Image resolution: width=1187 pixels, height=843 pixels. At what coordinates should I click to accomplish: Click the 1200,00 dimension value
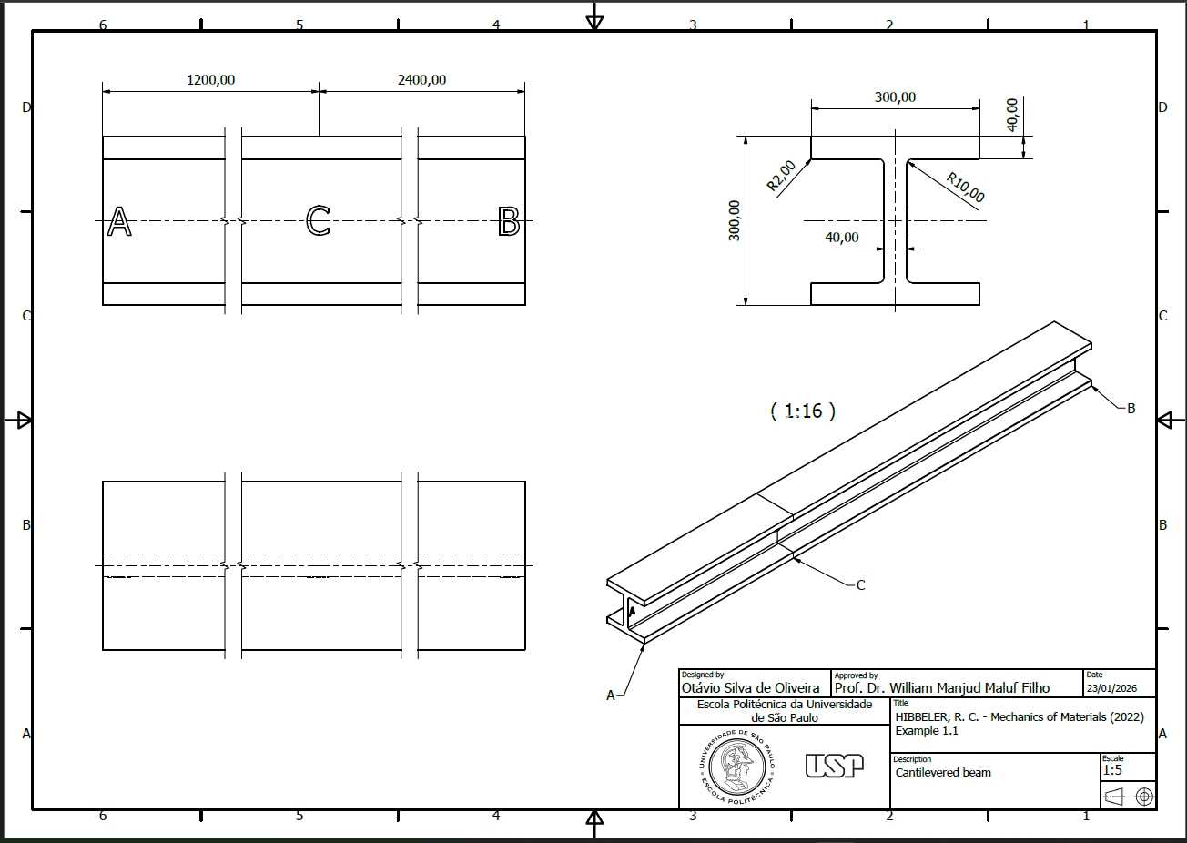tap(210, 80)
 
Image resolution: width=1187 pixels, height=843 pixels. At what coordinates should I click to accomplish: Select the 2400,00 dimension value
tap(421, 80)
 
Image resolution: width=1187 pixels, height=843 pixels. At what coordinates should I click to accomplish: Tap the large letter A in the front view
tap(119, 221)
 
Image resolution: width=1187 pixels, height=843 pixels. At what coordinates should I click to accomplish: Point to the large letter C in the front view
tap(318, 220)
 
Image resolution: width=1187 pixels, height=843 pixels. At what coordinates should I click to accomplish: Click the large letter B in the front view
tap(509, 221)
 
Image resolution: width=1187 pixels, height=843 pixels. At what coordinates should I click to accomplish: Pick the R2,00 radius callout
tap(782, 176)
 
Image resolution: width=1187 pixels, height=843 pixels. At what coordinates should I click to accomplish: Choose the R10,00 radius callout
tap(966, 187)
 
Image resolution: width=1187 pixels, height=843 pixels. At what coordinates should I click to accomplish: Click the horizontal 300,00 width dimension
tap(895, 97)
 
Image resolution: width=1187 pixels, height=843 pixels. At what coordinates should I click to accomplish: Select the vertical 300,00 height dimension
tap(734, 220)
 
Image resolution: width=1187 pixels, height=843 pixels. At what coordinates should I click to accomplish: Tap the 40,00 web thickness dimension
tap(842, 238)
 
